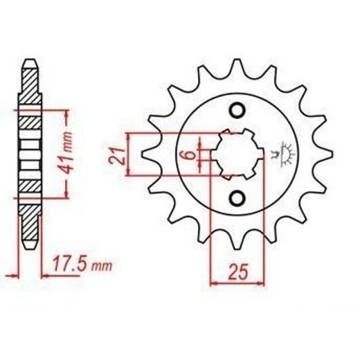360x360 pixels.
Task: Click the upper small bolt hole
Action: [237, 111]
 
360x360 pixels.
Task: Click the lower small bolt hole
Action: [237, 198]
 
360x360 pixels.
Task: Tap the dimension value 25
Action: [238, 271]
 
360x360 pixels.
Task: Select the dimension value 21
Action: [116, 156]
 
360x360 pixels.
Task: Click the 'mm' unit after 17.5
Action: [102, 267]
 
